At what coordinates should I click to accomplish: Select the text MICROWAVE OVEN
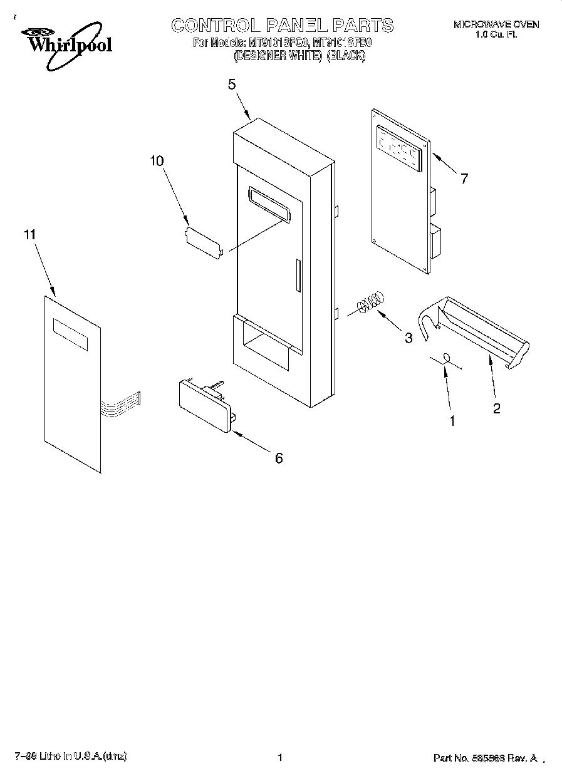coord(496,24)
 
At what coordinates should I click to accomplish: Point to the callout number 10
coord(157,161)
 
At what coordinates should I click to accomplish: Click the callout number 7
coord(464,178)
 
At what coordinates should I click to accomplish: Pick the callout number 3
coord(408,338)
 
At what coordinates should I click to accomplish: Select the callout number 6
coord(279,458)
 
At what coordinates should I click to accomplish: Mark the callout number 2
coord(496,408)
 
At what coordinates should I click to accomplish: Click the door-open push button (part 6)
coord(204,406)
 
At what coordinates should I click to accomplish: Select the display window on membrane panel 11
coord(70,333)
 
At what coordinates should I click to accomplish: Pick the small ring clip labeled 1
coord(447,358)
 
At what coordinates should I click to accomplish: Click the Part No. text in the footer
coord(485,758)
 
